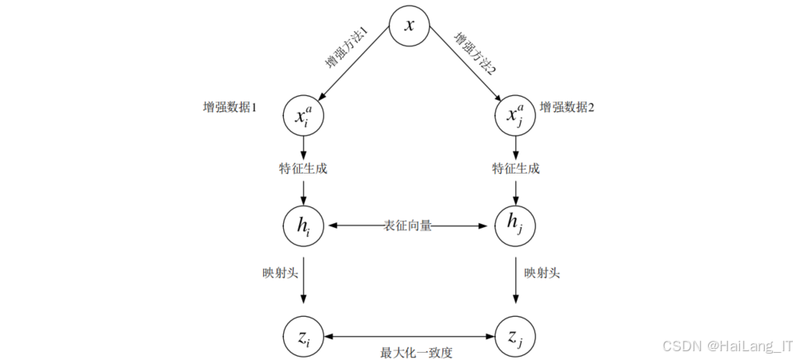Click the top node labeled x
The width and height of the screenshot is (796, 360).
tap(410, 26)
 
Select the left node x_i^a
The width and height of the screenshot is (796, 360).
tap(303, 116)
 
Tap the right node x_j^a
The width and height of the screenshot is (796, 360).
tap(515, 116)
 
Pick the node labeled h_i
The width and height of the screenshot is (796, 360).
tap(303, 226)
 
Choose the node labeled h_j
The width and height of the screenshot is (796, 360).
tap(515, 226)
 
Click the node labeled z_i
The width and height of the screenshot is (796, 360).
tap(303, 338)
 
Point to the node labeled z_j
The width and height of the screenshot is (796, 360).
tap(515, 338)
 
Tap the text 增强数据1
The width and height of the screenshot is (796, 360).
tap(230, 107)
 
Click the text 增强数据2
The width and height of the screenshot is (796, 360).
tap(567, 107)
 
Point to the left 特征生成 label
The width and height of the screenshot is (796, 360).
tap(303, 169)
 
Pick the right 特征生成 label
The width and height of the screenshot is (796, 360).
tap(515, 169)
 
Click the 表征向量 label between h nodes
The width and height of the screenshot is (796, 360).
tap(408, 226)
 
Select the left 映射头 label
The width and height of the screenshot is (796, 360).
tap(268, 273)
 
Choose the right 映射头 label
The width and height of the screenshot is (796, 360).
tap(542, 273)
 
